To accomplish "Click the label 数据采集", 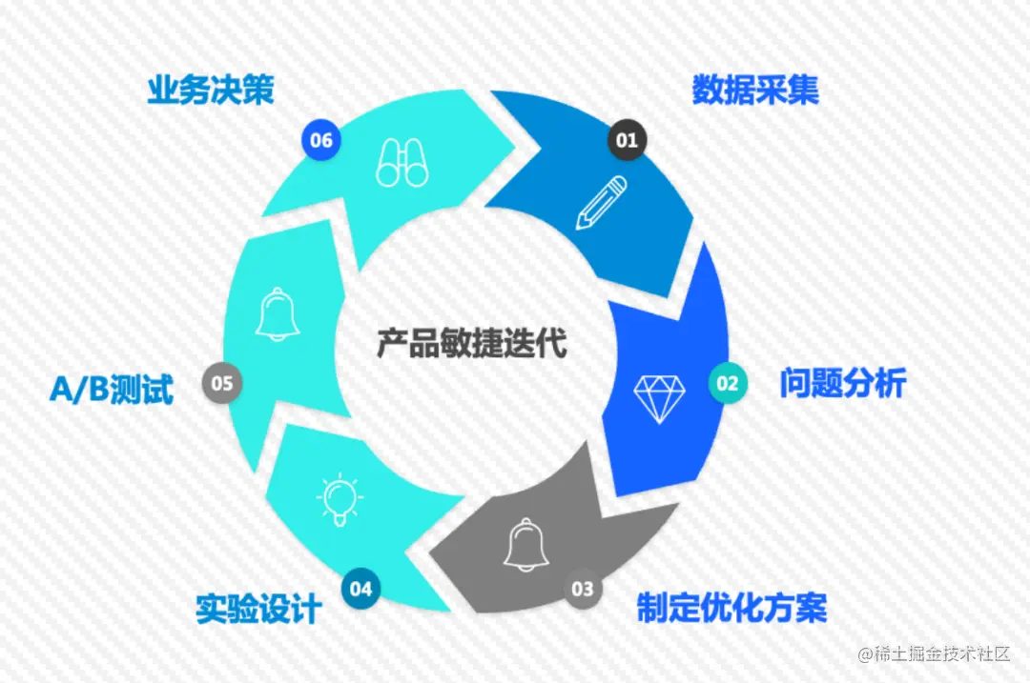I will pyautogui.click(x=755, y=90).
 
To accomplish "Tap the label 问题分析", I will pyautogui.click(x=843, y=384).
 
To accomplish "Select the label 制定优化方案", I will pyautogui.click(x=731, y=608).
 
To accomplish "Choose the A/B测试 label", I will pyautogui.click(x=112, y=390).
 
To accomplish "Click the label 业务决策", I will pyautogui.click(x=211, y=90).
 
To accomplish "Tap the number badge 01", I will pyautogui.click(x=627, y=141).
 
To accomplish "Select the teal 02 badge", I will pyautogui.click(x=728, y=384).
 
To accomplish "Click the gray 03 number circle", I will pyautogui.click(x=582, y=589).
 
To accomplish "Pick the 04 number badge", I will pyautogui.click(x=360, y=589).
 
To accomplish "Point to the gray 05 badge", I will pyautogui.click(x=222, y=384).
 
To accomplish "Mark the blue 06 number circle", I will pyautogui.click(x=321, y=141).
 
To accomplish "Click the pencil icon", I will pyautogui.click(x=601, y=203).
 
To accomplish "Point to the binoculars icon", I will pyautogui.click(x=402, y=162).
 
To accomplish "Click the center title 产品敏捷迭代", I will pyautogui.click(x=471, y=343).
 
